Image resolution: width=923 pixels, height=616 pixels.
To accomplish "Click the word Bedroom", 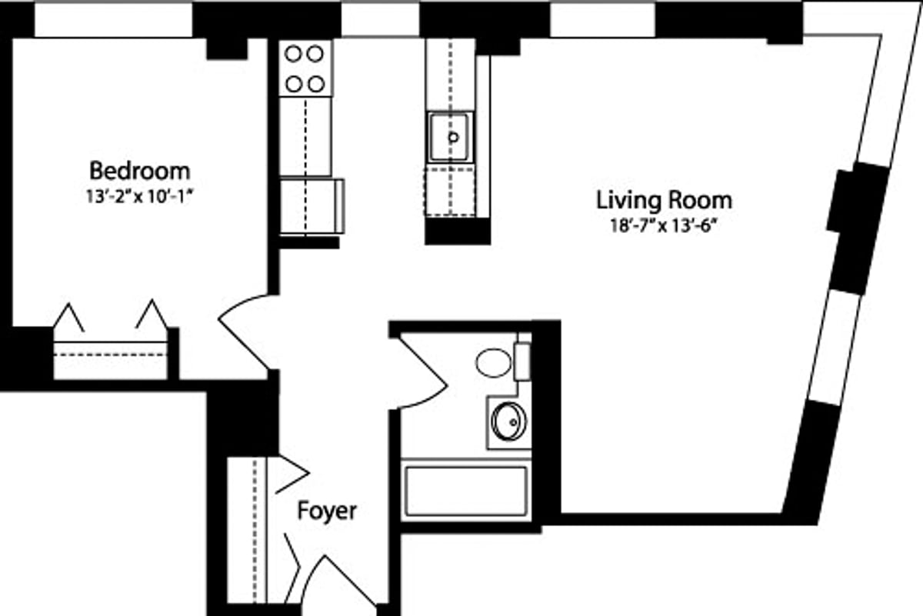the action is tap(140, 171).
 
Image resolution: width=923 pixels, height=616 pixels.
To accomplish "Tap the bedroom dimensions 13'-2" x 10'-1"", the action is tap(139, 197).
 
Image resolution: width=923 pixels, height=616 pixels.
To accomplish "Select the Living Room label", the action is tap(665, 200).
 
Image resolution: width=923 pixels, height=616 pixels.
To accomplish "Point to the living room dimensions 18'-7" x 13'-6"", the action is tap(664, 226).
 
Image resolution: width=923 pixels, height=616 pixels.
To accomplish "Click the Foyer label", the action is tap(327, 511).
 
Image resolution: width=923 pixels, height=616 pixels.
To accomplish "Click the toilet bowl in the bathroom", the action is tap(493, 363).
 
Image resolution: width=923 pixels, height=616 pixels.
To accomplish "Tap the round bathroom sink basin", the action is tap(509, 421).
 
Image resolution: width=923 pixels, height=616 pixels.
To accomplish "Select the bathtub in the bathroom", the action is tap(466, 491).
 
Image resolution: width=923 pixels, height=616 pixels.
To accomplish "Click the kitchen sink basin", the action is tap(448, 137).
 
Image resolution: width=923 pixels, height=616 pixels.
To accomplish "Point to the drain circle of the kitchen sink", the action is tap(453, 137).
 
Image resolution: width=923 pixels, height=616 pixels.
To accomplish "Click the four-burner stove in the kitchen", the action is tap(305, 68).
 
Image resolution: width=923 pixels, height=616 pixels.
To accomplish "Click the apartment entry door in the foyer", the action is tap(338, 581).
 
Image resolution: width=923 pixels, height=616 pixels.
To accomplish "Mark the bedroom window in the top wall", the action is tap(113, 19).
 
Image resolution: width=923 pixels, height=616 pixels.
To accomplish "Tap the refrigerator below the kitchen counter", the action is tap(312, 206).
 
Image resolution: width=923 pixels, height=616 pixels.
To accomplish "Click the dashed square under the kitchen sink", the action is tap(449, 191).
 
